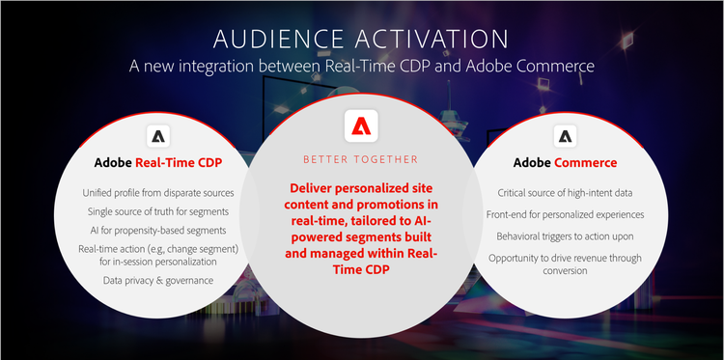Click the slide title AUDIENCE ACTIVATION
coord(361,40)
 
